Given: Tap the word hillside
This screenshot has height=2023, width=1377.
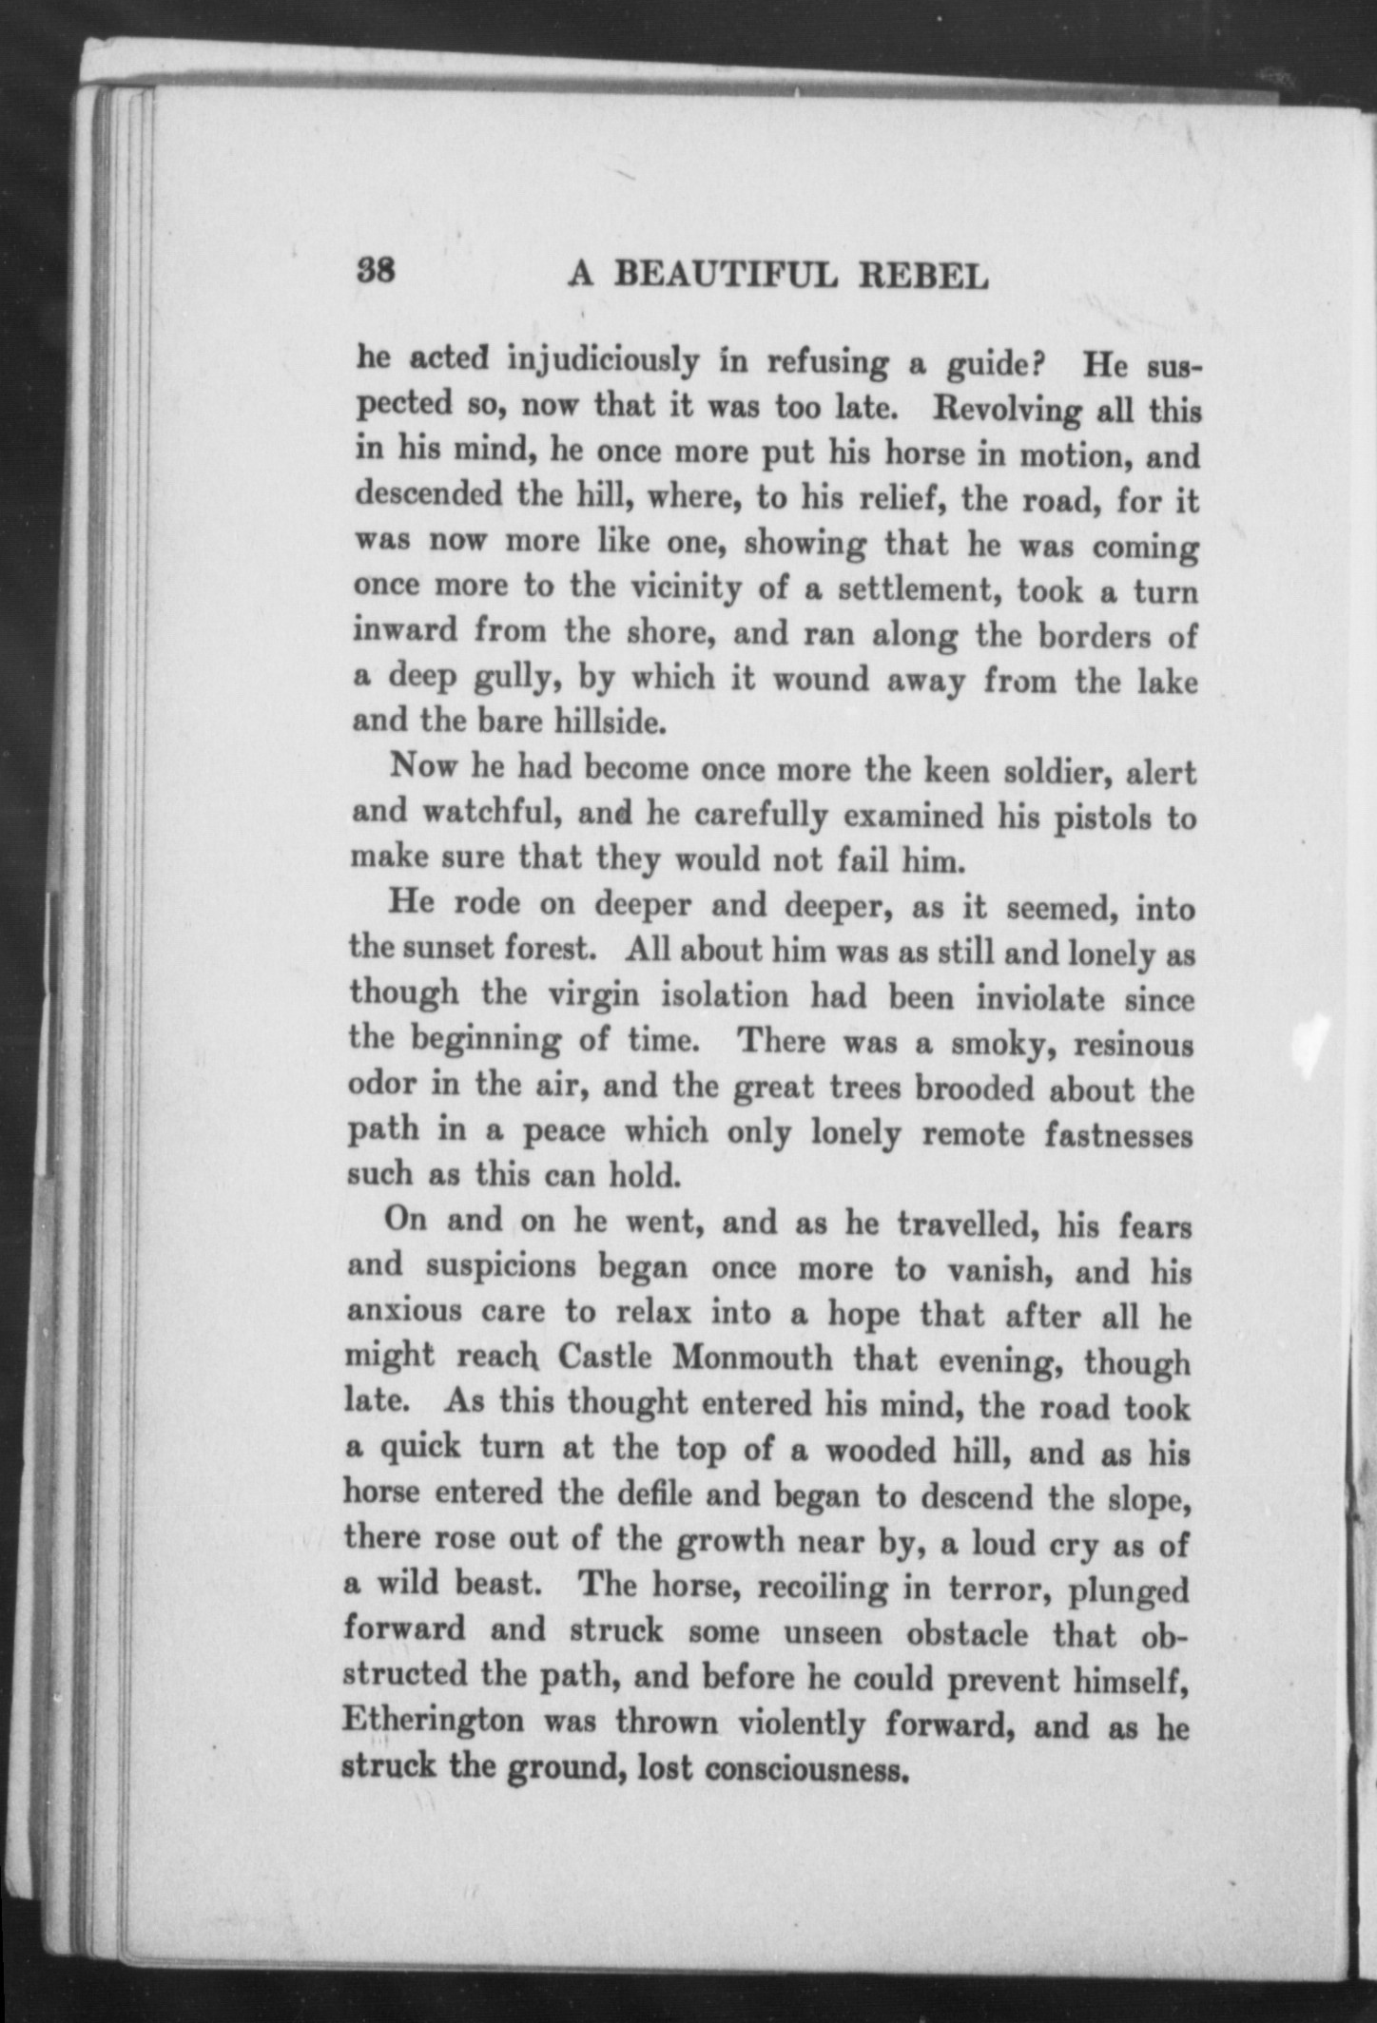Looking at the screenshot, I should (x=593, y=722).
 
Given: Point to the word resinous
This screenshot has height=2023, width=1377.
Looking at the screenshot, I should (x=1133, y=1044).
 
